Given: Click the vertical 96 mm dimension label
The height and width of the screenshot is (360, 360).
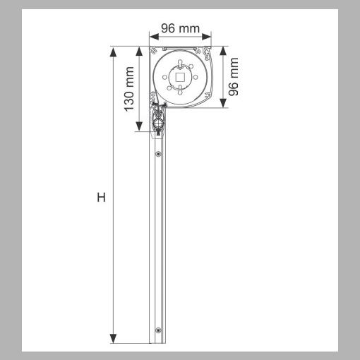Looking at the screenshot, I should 234,76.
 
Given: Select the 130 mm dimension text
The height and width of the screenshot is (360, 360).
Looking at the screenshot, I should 129,89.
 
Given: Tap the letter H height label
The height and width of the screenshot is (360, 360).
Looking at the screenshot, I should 101,197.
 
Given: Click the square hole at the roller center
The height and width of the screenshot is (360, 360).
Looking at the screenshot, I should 181,78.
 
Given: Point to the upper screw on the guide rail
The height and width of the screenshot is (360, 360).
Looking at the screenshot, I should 159,154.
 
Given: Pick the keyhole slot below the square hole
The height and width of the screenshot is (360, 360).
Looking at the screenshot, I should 181,90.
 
